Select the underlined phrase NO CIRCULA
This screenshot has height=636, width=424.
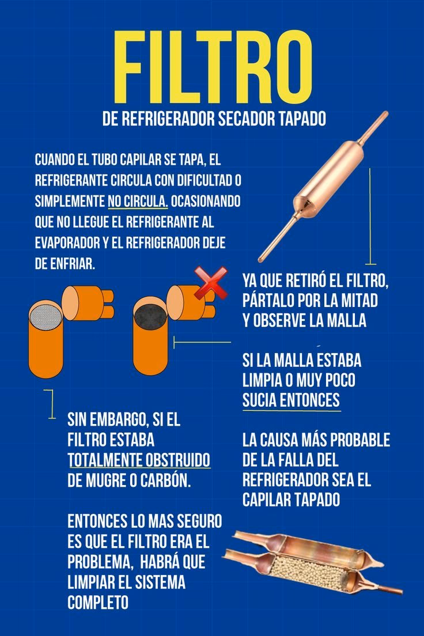pyautogui.click(x=138, y=202)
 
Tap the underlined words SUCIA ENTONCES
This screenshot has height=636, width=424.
pyautogui.click(x=291, y=400)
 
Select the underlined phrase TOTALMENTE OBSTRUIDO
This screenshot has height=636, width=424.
pyautogui.click(x=139, y=460)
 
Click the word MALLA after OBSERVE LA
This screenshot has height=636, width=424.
pyautogui.click(x=340, y=321)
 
